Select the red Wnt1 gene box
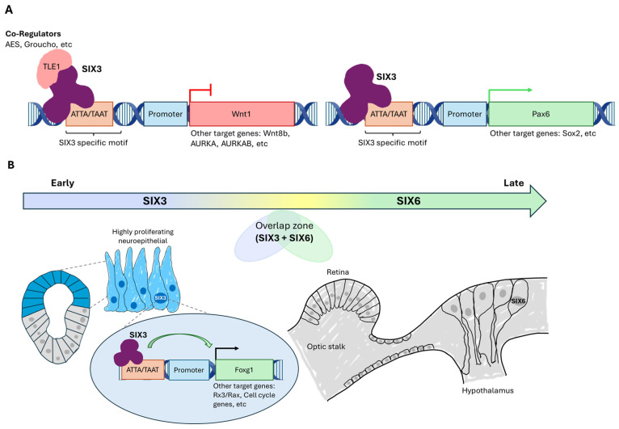tap(242, 114)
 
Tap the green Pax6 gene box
tap(541, 114)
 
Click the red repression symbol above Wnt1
tap(200, 93)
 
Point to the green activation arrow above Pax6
tap(510, 90)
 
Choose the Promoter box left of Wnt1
tap(166, 114)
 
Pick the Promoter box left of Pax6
tap(465, 114)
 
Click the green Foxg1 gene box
tap(244, 370)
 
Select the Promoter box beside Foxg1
tap(189, 370)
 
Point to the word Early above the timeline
tap(62, 183)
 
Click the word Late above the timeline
tap(514, 183)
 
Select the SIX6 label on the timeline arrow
tap(409, 201)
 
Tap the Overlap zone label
tap(284, 225)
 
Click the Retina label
tap(338, 272)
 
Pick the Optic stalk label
tap(326, 347)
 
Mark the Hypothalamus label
tap(488, 391)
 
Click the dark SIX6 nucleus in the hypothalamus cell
tap(518, 301)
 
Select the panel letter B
tap(11, 165)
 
